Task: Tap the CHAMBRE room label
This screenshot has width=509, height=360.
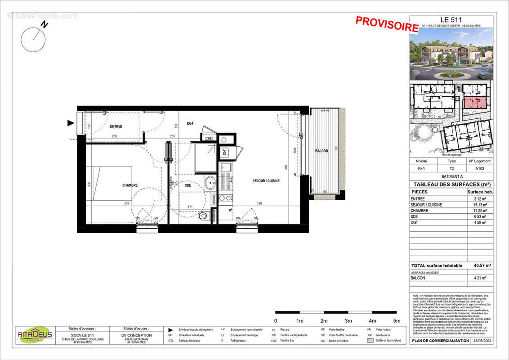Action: pos(129,185)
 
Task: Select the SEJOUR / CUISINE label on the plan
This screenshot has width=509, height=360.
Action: pos(265,180)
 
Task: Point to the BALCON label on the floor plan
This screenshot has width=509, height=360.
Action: pos(321,151)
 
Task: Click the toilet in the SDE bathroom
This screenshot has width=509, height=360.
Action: pos(205,216)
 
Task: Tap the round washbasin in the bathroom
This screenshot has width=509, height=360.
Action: pos(210,183)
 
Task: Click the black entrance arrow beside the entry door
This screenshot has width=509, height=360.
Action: pos(70,123)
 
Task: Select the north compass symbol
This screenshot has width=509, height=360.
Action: pos(33,39)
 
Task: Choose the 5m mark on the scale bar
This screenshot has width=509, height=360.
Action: pos(397,321)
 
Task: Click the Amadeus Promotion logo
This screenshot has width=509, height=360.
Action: pos(35,335)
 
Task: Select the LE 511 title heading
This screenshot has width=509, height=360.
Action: pos(451,19)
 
